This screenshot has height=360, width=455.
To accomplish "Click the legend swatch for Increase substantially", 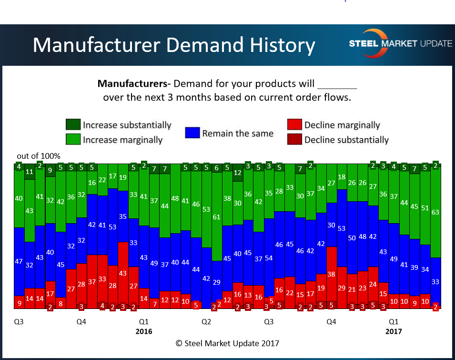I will coord(73,125).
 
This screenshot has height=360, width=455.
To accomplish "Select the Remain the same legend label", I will coord(238,133).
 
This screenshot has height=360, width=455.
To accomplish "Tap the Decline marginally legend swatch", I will coord(294,125).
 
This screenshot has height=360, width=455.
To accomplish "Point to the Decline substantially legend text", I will coord(346,140).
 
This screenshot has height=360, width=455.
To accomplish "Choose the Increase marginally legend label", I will coord(122,140).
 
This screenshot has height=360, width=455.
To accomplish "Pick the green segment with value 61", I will coord(217,217).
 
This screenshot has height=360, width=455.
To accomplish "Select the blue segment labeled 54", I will coord(269,258).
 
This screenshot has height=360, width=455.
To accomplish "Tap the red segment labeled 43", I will coord(123,273).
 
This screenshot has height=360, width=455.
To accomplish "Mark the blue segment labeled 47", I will coord(19,261).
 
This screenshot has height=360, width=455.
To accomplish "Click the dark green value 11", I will coord(30,172).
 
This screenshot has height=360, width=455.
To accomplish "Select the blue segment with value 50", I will coord(352,238).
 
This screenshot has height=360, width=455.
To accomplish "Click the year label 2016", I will coord(144,331).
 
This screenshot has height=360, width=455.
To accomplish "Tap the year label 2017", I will coord(394,331).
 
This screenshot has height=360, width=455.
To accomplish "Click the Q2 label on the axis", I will coord(206,322).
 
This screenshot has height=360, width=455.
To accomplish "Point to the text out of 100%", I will coord(39,156).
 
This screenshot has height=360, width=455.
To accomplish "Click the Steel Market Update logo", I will coord(400,43).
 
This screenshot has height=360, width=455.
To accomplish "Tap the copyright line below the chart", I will coord(227,343).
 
